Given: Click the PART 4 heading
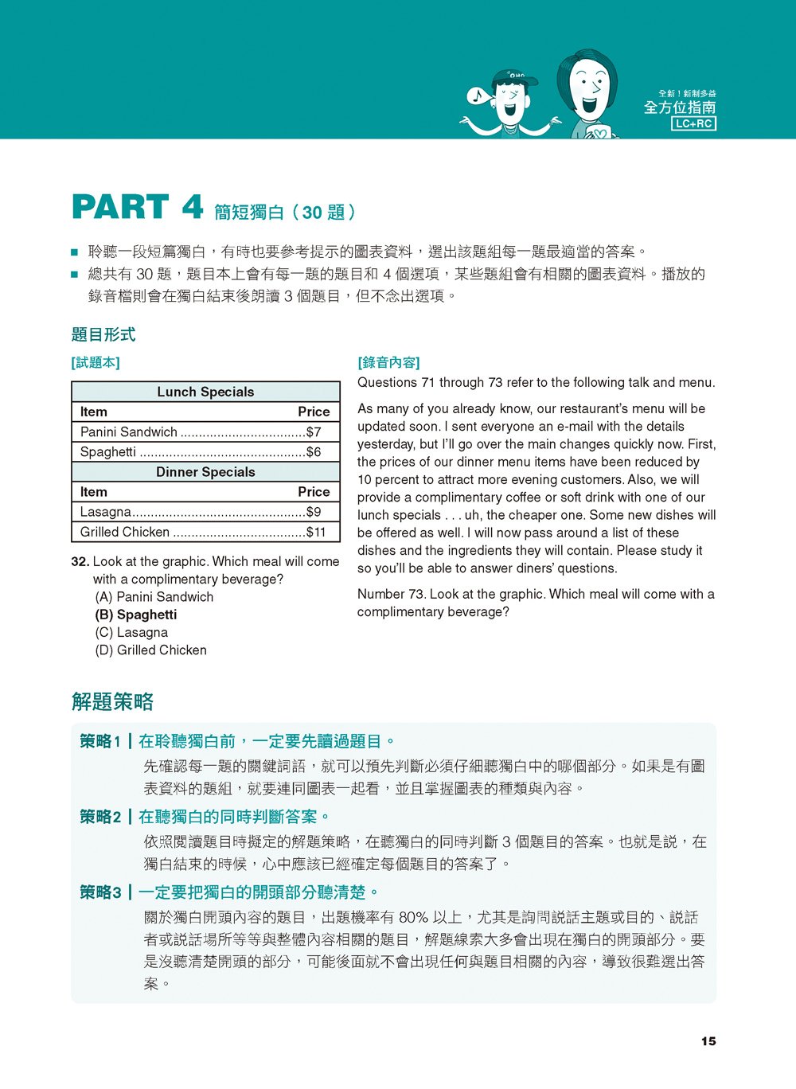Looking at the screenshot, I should [137, 208].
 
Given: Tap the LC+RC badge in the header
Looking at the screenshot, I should [694, 123].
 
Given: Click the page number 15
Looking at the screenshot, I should [708, 1041].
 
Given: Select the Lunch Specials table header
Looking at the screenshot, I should [205, 392].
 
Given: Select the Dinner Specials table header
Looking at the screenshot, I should [205, 472].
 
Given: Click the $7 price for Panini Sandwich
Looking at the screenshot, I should [314, 432].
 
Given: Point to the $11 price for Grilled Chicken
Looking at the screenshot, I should [316, 533].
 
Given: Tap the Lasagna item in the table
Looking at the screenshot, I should [106, 512].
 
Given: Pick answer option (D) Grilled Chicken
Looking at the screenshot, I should [150, 650].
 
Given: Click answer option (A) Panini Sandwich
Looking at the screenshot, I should [154, 597].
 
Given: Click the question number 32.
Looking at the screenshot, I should [80, 562].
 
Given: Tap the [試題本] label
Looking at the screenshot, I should [96, 363].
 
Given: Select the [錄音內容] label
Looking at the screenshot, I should [388, 363].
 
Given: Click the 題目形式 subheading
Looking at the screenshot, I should [103, 334].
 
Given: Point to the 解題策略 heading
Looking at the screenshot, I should [112, 701].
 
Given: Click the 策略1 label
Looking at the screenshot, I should [100, 742].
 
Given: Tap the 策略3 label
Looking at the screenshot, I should [100, 892].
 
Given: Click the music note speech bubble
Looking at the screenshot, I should [478, 96].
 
